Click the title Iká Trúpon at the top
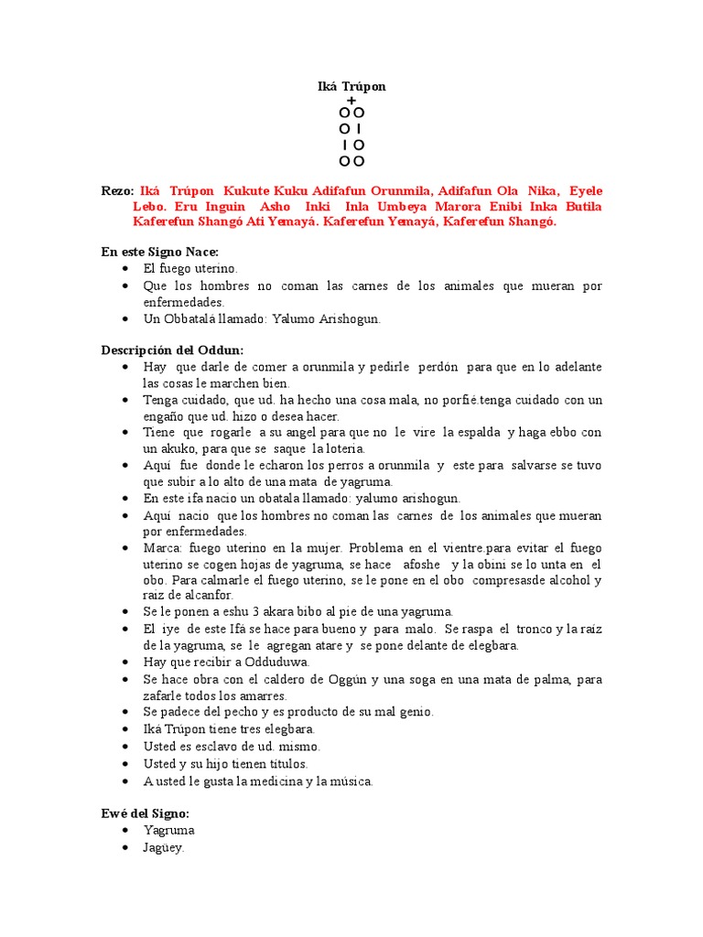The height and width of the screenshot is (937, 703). pyautogui.click(x=351, y=86)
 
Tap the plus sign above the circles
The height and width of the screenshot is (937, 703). pyautogui.click(x=351, y=100)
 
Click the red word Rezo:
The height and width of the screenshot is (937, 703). pyautogui.click(x=117, y=190)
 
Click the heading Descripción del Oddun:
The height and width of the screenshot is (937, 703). pyautogui.click(x=172, y=350)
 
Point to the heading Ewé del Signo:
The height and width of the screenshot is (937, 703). pyautogui.click(x=145, y=813)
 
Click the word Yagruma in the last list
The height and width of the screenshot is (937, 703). pyautogui.click(x=168, y=830)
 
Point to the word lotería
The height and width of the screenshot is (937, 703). pyautogui.click(x=340, y=448)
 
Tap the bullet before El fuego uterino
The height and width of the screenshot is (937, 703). pyautogui.click(x=124, y=269)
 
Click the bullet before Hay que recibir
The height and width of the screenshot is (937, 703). pyautogui.click(x=124, y=662)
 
